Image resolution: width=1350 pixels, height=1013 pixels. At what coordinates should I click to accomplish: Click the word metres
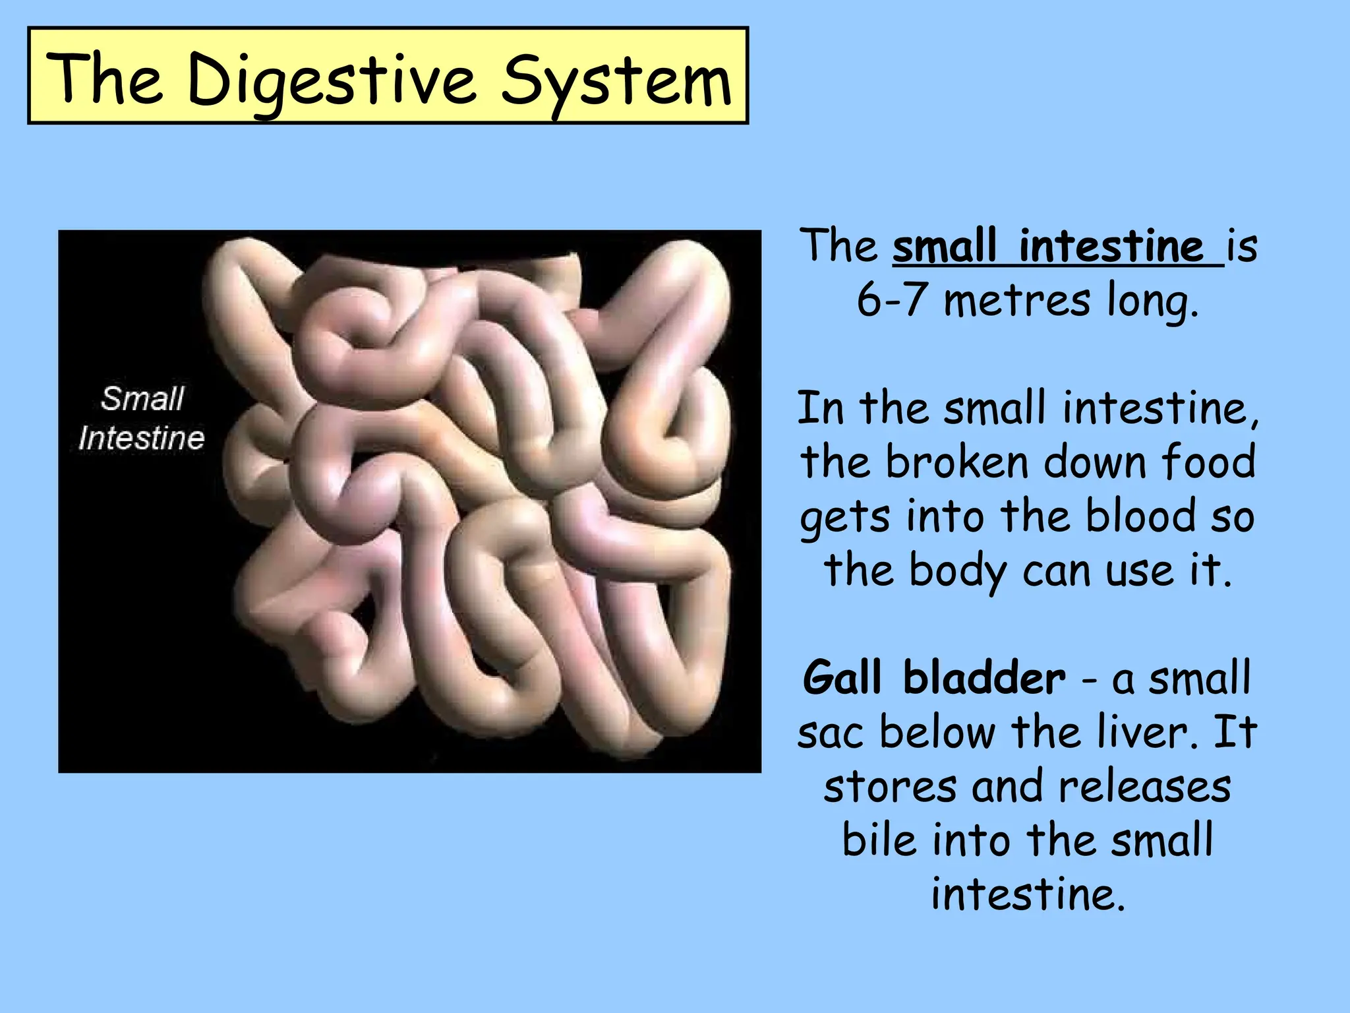click(1016, 302)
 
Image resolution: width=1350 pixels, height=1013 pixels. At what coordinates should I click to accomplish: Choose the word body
click(957, 571)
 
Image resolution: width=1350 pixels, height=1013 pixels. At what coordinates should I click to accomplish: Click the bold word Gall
click(842, 678)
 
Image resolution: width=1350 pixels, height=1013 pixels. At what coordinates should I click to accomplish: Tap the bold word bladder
click(983, 678)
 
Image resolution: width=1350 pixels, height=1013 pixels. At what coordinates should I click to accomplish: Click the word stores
click(890, 787)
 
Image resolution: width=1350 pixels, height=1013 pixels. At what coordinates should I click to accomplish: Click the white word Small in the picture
click(142, 399)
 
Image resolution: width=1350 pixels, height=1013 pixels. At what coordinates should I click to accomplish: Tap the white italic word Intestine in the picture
click(141, 439)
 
